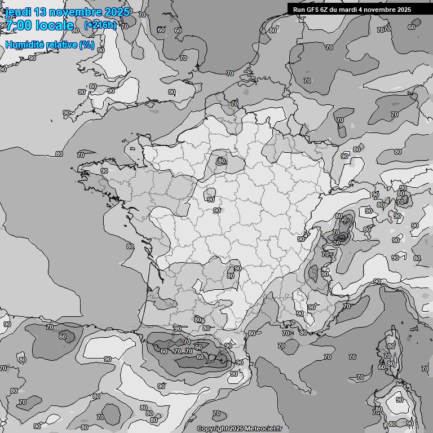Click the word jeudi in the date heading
[19, 12]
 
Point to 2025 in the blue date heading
[117, 12]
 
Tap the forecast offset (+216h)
[100, 25]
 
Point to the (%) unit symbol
[86, 45]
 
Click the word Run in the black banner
[299, 10]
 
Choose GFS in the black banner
[313, 10]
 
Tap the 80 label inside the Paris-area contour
[222, 161]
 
